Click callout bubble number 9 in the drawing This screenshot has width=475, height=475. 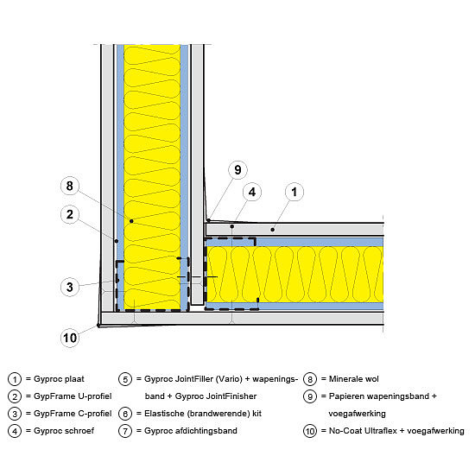point(237,169)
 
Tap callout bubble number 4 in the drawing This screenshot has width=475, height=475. point(252,192)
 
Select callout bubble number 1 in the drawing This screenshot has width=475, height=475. point(294,192)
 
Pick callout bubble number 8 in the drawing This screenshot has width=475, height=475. point(70,186)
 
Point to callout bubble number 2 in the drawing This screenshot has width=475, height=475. point(70,214)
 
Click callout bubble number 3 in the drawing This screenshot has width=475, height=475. point(70,287)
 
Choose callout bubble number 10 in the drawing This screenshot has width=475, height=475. point(70,338)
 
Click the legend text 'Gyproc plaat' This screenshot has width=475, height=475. point(59,379)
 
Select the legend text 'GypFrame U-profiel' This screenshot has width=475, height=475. point(73,396)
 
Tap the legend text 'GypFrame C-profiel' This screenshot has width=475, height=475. point(73,414)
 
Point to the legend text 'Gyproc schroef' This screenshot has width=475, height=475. point(64,431)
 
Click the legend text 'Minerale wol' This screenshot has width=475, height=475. point(354,379)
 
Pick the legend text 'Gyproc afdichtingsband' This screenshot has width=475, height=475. point(191,431)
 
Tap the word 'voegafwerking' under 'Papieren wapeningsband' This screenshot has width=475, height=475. point(358,414)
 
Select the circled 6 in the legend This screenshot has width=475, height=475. point(125,414)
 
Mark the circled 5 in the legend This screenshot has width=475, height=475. point(125,379)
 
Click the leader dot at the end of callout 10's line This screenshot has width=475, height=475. point(98,326)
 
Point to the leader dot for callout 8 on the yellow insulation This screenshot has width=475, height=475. point(131,221)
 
